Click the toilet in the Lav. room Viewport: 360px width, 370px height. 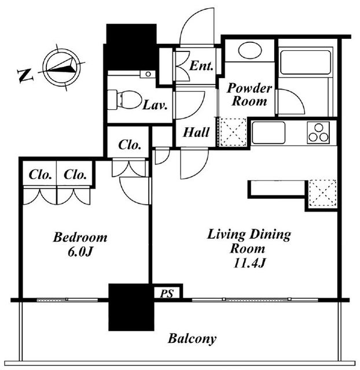click(x=124, y=99)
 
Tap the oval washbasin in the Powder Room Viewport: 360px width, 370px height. click(x=250, y=50)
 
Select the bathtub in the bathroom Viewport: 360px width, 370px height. click(x=305, y=62)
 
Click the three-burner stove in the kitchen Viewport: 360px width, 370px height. click(x=318, y=132)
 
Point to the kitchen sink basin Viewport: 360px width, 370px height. click(x=269, y=132)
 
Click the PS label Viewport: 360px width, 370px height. click(x=167, y=294)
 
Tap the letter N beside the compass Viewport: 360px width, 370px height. click(x=25, y=75)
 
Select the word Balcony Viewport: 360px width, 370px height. click(x=192, y=339)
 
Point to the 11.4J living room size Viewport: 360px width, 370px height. click(x=249, y=263)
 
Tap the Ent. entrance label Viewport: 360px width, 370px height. click(x=201, y=66)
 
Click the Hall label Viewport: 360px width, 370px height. click(x=196, y=132)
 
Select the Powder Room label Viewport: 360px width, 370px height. click(x=249, y=94)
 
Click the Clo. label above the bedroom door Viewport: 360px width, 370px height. click(x=130, y=145)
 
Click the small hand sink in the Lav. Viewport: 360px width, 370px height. click(x=148, y=74)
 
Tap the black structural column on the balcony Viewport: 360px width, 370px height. click(x=131, y=307)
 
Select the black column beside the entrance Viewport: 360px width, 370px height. click(x=131, y=47)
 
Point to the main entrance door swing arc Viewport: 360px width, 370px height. click(x=192, y=21)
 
